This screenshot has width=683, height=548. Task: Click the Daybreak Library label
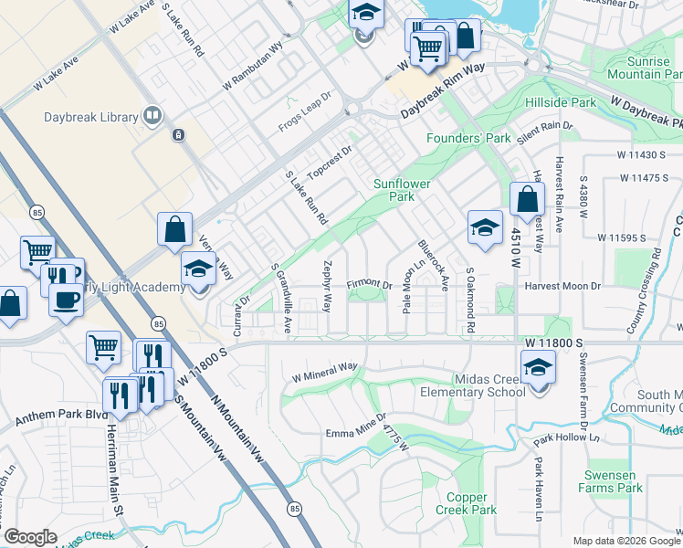coord(91,117)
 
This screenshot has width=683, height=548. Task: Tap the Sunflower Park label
coord(401,190)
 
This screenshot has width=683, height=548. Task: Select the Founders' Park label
coord(468,138)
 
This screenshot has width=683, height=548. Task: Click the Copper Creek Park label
coord(466,504)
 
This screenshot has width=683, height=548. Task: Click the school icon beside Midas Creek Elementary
coord(539,370)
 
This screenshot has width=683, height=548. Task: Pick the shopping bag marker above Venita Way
coord(174,231)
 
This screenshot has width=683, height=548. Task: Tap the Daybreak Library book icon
coord(152,116)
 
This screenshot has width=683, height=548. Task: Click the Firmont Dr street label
coord(369,285)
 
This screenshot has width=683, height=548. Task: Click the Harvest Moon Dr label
coord(562,286)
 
